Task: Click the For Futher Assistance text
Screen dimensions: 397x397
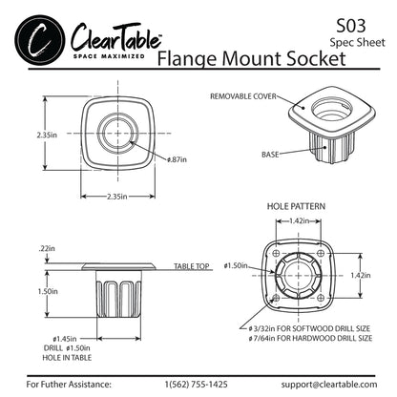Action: point(71,386)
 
